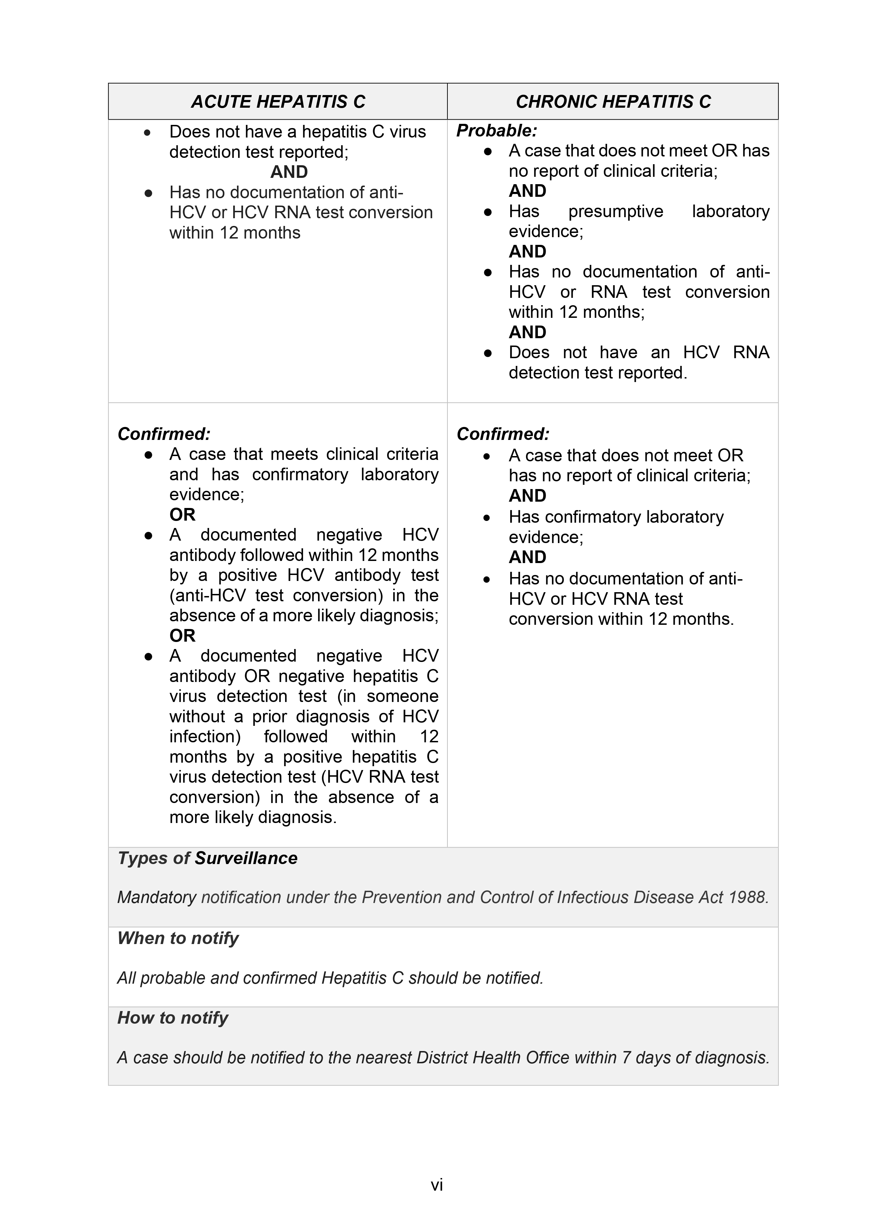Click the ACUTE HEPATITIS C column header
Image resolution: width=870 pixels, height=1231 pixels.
278,101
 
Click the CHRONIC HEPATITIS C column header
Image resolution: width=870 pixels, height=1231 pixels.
613,101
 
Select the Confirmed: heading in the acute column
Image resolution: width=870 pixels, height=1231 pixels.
163,434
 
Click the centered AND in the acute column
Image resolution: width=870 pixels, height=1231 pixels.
289,172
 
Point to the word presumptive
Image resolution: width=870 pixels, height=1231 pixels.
615,211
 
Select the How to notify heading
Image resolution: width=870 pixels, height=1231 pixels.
172,1018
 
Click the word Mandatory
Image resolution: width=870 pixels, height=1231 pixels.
156,897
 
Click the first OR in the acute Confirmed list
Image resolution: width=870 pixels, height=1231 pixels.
182,515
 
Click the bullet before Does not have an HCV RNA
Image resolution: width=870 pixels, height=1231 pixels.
487,353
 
